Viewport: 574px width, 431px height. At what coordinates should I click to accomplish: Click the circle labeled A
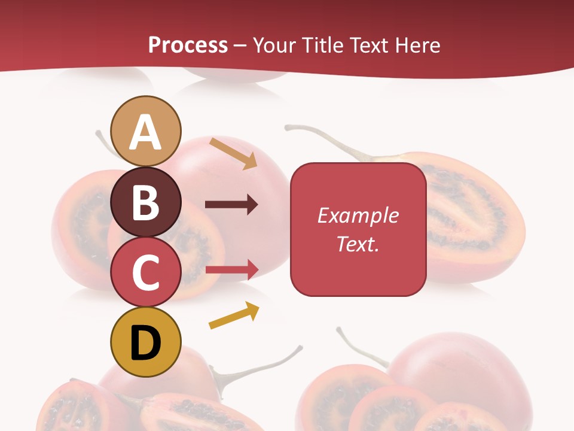tap(146, 131)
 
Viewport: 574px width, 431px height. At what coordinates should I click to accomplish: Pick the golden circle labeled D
tap(146, 342)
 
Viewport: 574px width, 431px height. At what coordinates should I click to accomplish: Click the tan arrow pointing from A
tap(233, 154)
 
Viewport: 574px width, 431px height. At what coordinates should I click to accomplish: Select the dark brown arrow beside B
tap(231, 205)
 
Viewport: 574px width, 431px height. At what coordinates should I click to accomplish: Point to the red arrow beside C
tap(231, 269)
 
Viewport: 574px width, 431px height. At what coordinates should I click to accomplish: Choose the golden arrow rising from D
tap(234, 315)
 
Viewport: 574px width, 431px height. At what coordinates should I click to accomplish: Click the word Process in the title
tap(188, 45)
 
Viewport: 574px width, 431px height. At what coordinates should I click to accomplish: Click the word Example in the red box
tap(358, 215)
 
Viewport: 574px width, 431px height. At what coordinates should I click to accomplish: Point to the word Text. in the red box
tap(358, 244)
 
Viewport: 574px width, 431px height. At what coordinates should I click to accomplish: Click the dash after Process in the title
tap(240, 45)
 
